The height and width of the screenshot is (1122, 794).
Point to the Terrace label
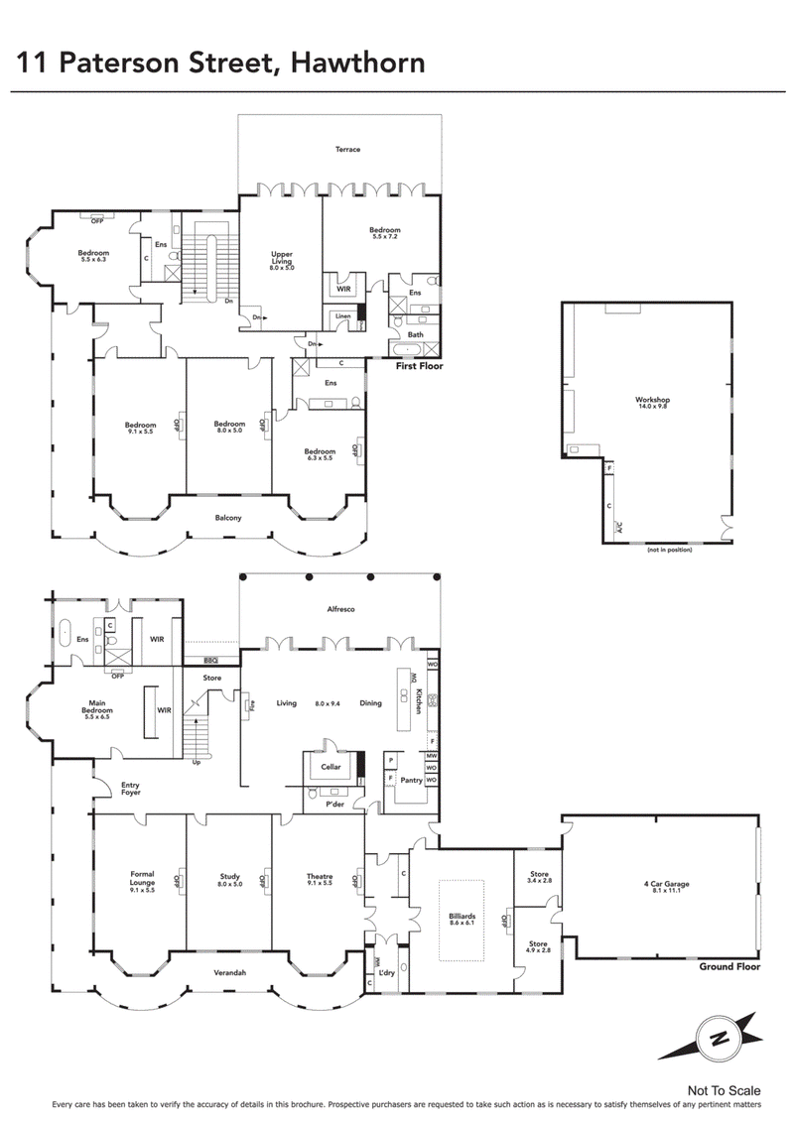346,149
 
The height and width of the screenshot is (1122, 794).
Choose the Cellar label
330,767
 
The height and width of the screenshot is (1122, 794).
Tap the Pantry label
411,780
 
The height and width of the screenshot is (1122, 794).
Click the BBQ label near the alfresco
209,660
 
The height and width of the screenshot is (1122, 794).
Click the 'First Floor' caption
419,366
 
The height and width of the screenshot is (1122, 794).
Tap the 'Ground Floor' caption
728,966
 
